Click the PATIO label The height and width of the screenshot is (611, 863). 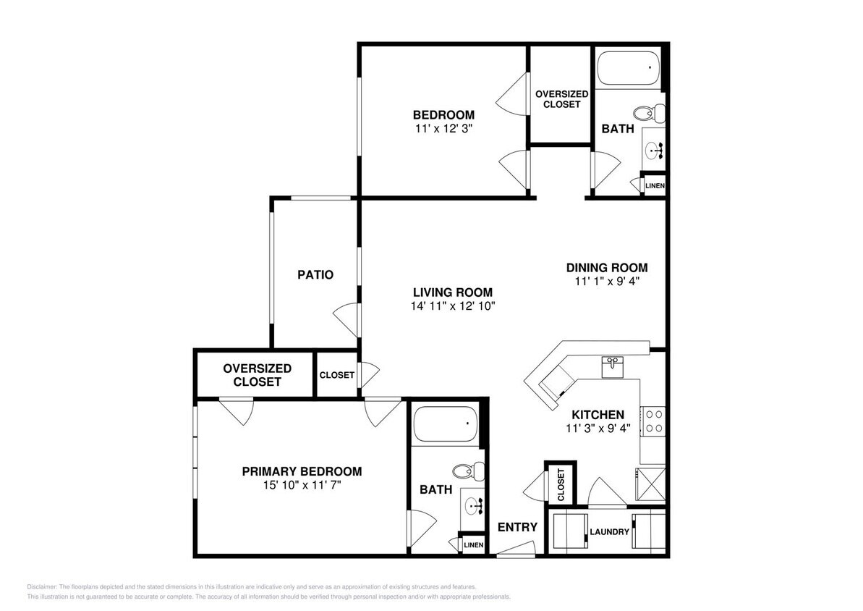click(x=315, y=275)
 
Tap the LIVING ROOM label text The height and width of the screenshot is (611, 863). click(x=452, y=292)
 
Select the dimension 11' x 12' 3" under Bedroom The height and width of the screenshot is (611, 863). click(x=443, y=128)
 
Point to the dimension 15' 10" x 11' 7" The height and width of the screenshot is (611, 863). click(x=302, y=485)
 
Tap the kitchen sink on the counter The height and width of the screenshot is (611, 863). click(x=613, y=366)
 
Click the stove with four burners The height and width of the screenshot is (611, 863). click(x=654, y=421)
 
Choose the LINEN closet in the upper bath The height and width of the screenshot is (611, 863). click(x=655, y=186)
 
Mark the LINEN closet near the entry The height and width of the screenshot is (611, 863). click(x=473, y=544)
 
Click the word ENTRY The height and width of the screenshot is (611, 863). click(x=517, y=527)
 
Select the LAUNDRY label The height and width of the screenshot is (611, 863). click(x=609, y=532)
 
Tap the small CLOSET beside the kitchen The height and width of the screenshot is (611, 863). click(x=561, y=485)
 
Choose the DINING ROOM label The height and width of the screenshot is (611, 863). click(x=606, y=267)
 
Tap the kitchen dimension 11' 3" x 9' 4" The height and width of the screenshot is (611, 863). click(x=598, y=428)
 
